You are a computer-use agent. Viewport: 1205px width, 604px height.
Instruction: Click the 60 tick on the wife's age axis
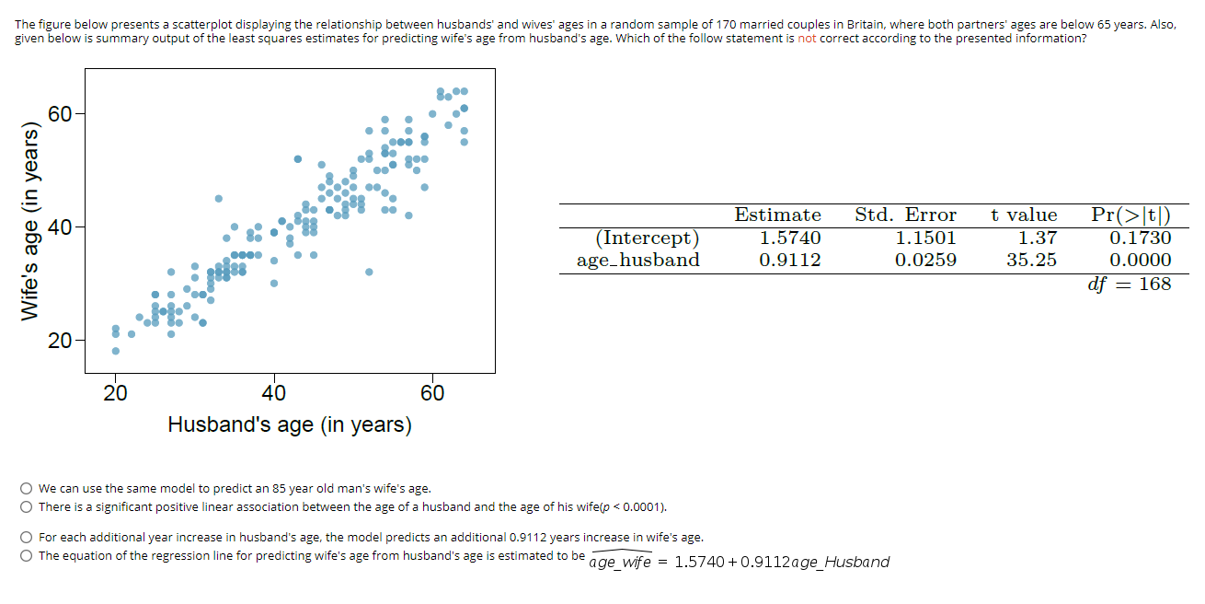pyautogui.click(x=61, y=114)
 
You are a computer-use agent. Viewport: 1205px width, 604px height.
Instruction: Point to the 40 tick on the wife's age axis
pyautogui.click(x=61, y=226)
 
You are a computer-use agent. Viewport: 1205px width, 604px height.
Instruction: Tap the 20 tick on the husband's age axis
pyautogui.click(x=115, y=394)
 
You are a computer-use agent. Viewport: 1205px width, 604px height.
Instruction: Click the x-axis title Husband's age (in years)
pyautogui.click(x=290, y=424)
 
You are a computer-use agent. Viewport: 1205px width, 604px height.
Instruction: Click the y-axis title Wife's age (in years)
pyautogui.click(x=31, y=222)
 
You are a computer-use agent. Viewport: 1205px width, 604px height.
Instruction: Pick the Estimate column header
pyautogui.click(x=777, y=215)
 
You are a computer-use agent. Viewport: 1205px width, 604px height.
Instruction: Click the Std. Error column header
pyautogui.click(x=905, y=215)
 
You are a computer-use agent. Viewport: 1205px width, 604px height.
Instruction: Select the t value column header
pyautogui.click(x=1024, y=215)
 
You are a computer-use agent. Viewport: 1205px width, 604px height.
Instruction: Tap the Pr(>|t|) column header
pyautogui.click(x=1130, y=215)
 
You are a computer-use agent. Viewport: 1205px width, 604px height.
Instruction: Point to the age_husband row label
pyautogui.click(x=637, y=260)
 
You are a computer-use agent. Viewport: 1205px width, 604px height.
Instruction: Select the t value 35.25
pyautogui.click(x=1031, y=260)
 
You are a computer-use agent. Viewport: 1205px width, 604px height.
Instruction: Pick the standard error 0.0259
pyautogui.click(x=925, y=260)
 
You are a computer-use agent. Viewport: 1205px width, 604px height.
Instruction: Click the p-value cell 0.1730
pyautogui.click(x=1141, y=238)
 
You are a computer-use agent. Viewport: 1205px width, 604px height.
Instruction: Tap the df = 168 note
pyautogui.click(x=1130, y=284)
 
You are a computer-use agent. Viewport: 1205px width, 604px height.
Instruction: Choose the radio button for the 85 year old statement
pyautogui.click(x=27, y=489)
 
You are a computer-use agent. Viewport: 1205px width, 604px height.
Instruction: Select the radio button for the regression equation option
pyautogui.click(x=27, y=555)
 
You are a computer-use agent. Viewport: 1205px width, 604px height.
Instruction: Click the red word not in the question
pyautogui.click(x=807, y=38)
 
